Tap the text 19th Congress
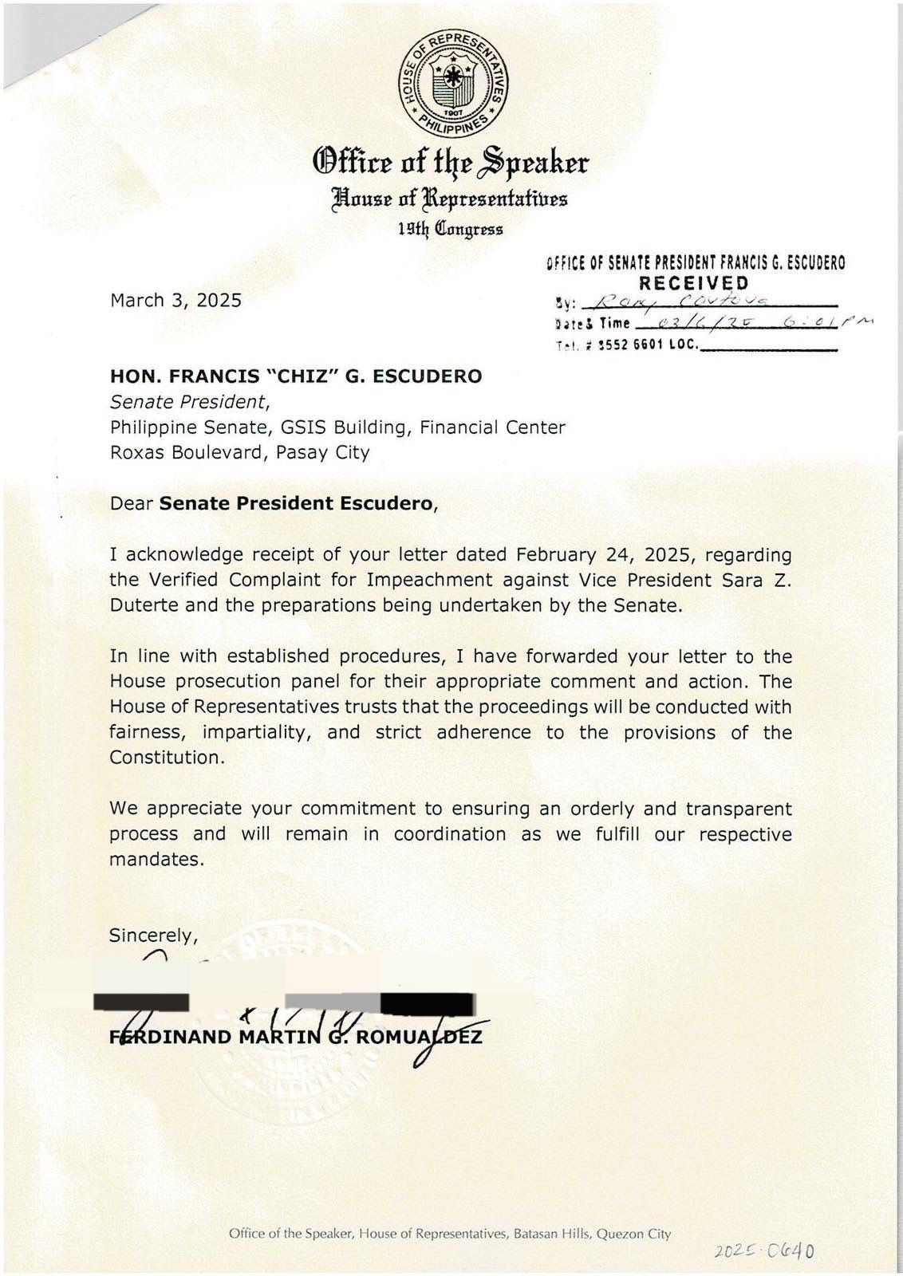pos(451,230)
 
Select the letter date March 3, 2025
pos(175,301)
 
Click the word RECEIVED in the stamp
pos(694,282)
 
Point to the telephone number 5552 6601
pos(648,346)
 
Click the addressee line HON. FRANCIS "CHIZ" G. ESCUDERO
pos(296,376)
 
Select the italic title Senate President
pos(191,402)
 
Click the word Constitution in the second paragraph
pos(165,758)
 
